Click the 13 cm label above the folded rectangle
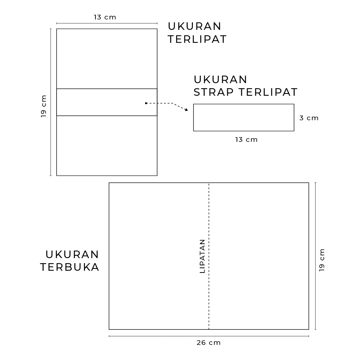pyautogui.click(x=105, y=17)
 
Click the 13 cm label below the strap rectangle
pyautogui.click(x=246, y=140)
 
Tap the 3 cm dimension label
pyautogui.click(x=309, y=118)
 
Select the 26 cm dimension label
pyautogui.click(x=209, y=343)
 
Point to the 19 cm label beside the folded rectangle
pyautogui.click(x=44, y=106)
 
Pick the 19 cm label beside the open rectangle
pyautogui.click(x=322, y=260)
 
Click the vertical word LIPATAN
pyautogui.click(x=202, y=256)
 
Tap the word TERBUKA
pyautogui.click(x=70, y=267)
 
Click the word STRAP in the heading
pyautogui.click(x=213, y=92)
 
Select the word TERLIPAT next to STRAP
pyautogui.click(x=268, y=92)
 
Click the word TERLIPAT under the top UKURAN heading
pyautogui.click(x=197, y=39)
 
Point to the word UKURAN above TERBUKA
pyautogui.click(x=72, y=255)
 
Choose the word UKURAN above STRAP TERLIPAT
pyautogui.click(x=220, y=80)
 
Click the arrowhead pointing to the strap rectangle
pyautogui.click(x=186, y=110)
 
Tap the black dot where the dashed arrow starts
pyautogui.click(x=146, y=103)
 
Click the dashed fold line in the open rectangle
pyautogui.click(x=209, y=256)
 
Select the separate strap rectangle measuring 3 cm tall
pyautogui.click(x=244, y=104)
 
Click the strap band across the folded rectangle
pyautogui.click(x=107, y=89)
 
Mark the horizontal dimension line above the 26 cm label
pyautogui.click(x=209, y=336)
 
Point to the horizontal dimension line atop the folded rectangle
pyautogui.click(x=107, y=23)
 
